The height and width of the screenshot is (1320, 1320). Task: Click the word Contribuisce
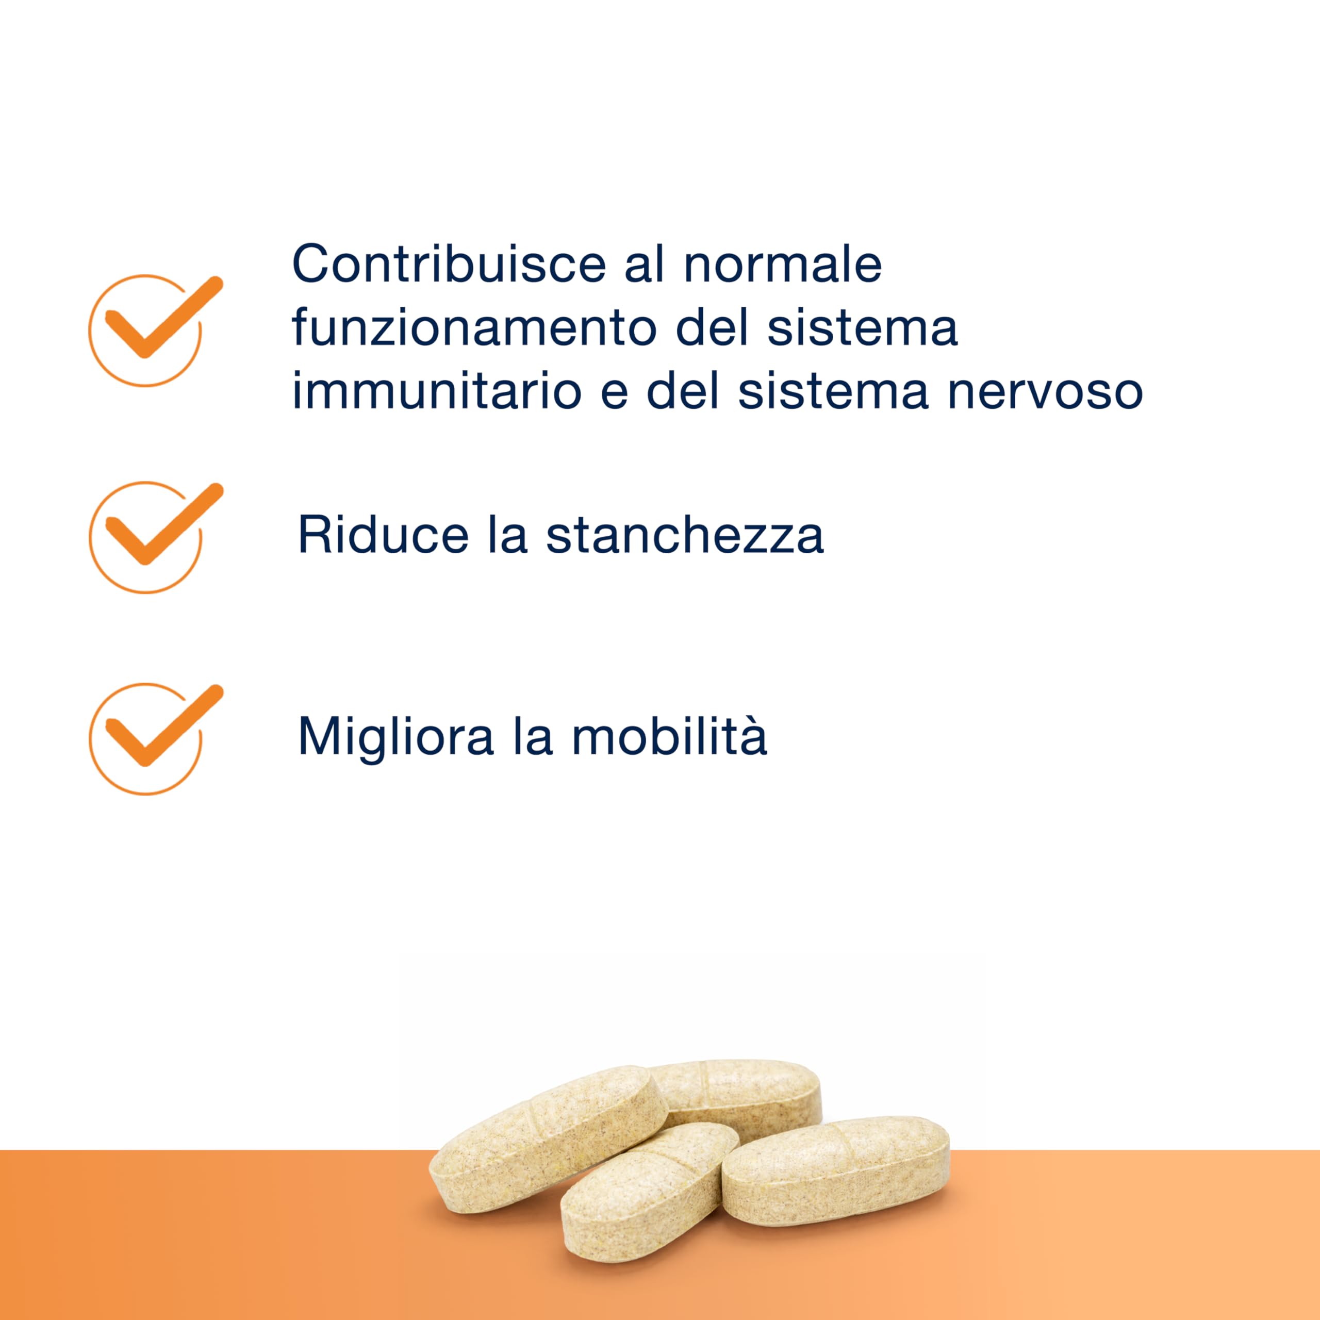click(x=449, y=265)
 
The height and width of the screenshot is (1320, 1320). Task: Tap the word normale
click(x=783, y=265)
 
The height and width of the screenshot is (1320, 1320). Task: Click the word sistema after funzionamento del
click(x=862, y=328)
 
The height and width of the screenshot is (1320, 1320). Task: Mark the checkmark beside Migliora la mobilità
click(x=155, y=738)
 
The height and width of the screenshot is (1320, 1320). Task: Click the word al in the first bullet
click(x=645, y=265)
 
